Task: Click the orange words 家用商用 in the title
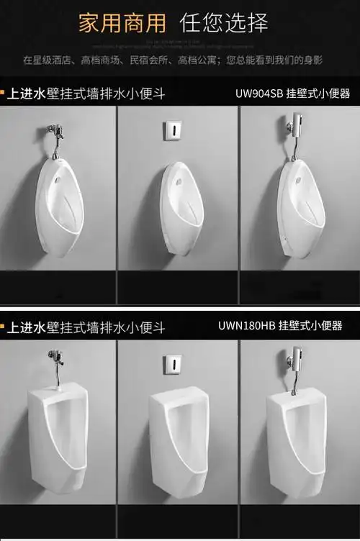122,23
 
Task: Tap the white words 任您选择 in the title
224,23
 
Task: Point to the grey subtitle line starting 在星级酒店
173,60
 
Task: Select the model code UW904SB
260,94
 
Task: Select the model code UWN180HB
246,326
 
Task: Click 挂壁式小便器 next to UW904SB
320,94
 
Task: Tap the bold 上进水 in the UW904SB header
27,94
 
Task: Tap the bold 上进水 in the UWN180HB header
27,328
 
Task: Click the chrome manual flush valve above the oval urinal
55,137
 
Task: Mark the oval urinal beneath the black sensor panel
181,209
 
